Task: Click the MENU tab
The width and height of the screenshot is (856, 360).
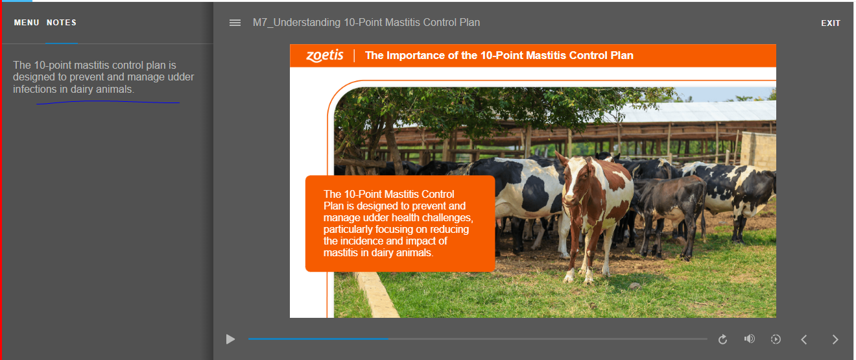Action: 27,23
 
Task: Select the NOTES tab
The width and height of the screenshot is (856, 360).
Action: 62,23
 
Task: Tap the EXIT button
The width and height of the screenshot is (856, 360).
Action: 831,23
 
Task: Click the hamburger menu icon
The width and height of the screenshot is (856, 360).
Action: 235,23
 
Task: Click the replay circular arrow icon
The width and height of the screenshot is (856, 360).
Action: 722,339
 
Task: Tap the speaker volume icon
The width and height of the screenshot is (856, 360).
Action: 750,339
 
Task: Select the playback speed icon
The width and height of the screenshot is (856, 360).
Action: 776,339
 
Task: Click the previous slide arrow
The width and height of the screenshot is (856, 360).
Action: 804,339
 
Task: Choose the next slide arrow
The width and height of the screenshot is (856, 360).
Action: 835,339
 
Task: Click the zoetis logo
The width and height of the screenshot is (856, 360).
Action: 325,56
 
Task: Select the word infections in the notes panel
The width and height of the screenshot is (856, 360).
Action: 35,90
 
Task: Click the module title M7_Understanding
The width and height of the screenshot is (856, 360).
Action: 296,23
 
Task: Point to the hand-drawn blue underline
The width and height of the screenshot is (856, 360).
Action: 108,102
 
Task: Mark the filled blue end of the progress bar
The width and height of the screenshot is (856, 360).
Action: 388,339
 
